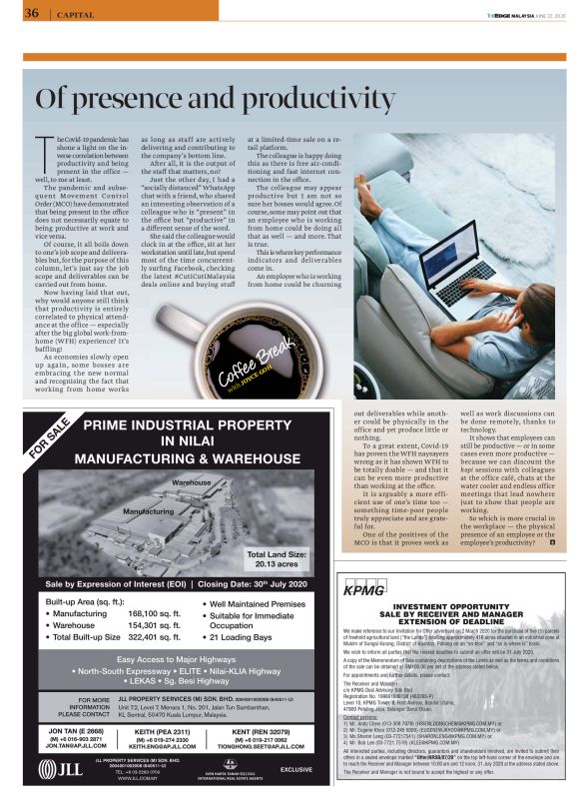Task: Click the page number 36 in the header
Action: pyautogui.click(x=30, y=14)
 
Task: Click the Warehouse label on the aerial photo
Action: pyautogui.click(x=192, y=482)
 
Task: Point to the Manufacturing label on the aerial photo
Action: pyautogui.click(x=148, y=511)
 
